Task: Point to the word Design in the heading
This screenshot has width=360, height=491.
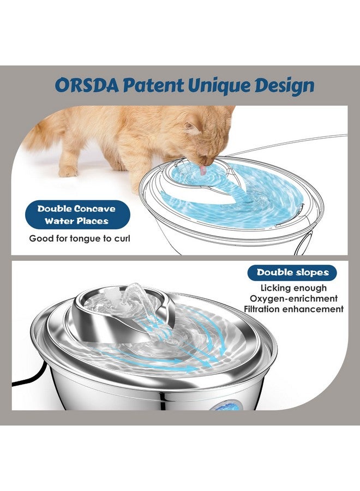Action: point(284,86)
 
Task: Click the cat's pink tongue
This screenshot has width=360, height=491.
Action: point(203,170)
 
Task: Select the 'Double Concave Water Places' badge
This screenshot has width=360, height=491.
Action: point(76,215)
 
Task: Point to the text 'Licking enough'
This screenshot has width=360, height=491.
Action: point(293,288)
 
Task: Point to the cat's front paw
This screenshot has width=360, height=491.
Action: point(69,171)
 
